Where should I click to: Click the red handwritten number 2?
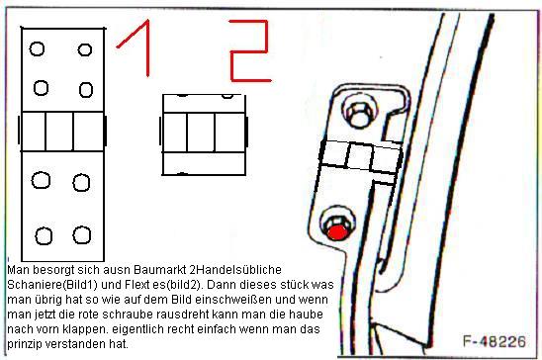click(x=249, y=51)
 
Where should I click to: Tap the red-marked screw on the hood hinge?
click(x=337, y=232)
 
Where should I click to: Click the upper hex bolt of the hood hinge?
click(x=359, y=114)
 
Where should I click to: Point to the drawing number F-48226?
click(x=495, y=341)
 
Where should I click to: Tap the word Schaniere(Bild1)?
click(x=52, y=285)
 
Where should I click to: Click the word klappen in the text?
click(x=85, y=329)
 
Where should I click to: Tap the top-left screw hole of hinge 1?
click(x=37, y=48)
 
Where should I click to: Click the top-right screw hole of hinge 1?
click(x=85, y=49)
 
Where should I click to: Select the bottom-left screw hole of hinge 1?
click(x=44, y=236)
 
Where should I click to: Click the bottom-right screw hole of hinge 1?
click(x=82, y=235)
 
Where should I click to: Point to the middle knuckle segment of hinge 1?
click(x=59, y=132)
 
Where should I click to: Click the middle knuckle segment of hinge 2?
click(x=201, y=133)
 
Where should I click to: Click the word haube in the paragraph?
click(x=307, y=315)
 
